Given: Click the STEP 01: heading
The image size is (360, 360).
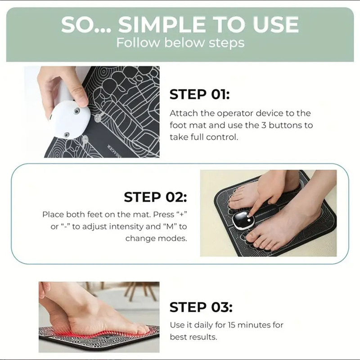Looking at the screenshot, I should coord(199,94).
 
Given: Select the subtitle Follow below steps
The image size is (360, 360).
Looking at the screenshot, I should coord(180,43).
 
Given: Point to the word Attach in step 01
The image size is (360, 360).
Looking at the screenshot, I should coord(182,113).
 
